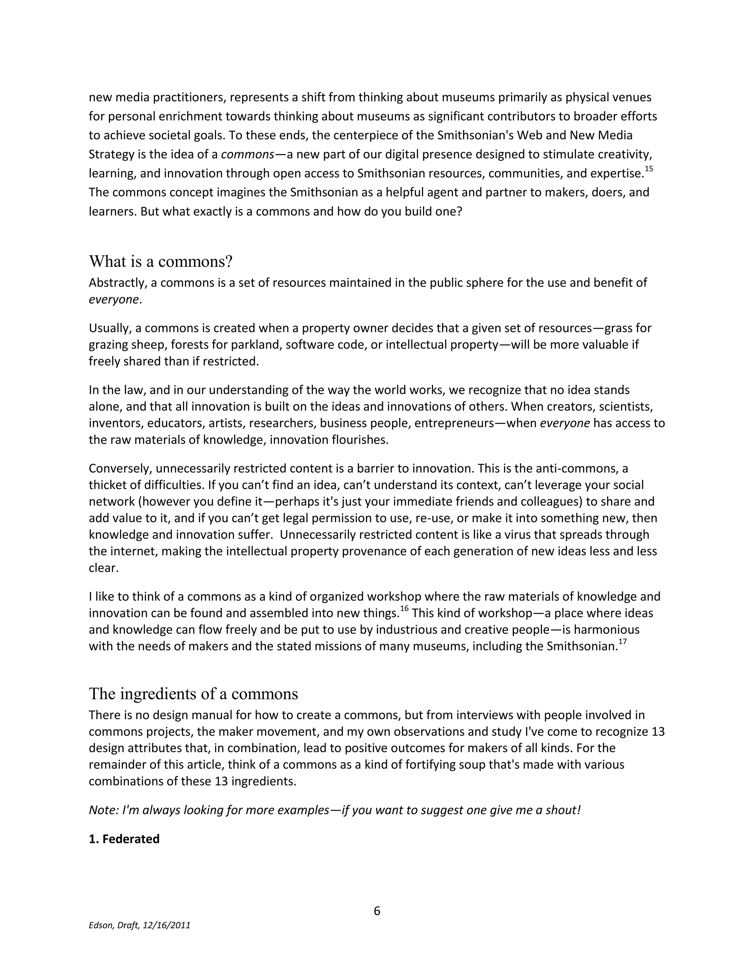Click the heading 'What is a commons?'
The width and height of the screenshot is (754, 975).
click(x=161, y=262)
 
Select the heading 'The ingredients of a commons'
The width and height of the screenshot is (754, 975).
click(x=193, y=694)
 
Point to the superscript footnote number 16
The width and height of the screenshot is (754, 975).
click(x=404, y=609)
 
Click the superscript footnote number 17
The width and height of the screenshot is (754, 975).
click(x=623, y=642)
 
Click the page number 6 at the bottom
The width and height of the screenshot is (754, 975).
click(x=377, y=911)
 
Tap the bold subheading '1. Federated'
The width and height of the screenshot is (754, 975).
click(x=124, y=839)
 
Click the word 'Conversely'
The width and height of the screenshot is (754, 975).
click(x=120, y=468)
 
